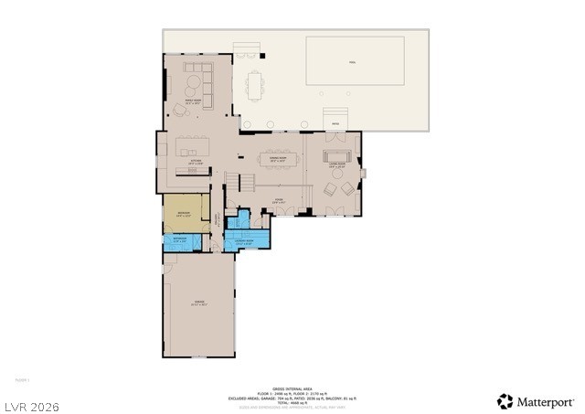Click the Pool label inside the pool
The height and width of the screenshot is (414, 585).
(352, 62)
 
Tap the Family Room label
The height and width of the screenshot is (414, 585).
(193, 102)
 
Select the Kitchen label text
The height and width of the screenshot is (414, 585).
(196, 163)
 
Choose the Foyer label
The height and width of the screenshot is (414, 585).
(279, 201)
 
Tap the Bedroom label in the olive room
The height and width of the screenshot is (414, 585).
(183, 215)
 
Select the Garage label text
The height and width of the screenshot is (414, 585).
(198, 303)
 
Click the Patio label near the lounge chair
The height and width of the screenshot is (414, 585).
(335, 124)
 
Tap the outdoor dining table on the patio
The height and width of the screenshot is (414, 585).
(253, 86)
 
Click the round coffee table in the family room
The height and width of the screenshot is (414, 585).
(194, 87)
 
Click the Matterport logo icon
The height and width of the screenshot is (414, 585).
(505, 401)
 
